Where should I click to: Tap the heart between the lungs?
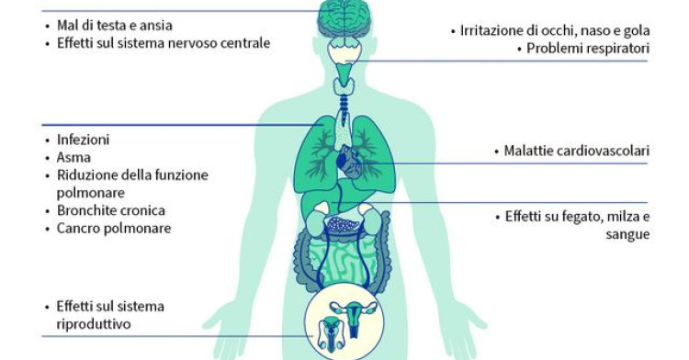pyautogui.click(x=350, y=162)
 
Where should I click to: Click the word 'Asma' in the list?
pyautogui.click(x=73, y=157)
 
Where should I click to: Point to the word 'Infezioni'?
pyautogui.click(x=83, y=140)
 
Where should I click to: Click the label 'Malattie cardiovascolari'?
pyautogui.click(x=577, y=151)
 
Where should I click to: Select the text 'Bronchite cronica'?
pyautogui.click(x=111, y=210)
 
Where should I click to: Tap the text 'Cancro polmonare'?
pyautogui.click(x=114, y=229)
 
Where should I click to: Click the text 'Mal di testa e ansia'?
pyautogui.click(x=115, y=26)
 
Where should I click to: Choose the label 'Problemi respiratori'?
pyautogui.click(x=588, y=49)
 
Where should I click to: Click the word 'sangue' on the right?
pyautogui.click(x=627, y=234)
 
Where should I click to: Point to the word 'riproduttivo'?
pyautogui.click(x=94, y=324)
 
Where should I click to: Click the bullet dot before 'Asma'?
pyautogui.click(x=48, y=158)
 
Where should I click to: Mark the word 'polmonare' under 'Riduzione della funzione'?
pyautogui.click(x=91, y=193)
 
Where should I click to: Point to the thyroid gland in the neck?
pyautogui.click(x=344, y=86)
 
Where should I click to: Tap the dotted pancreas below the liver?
pyautogui.click(x=343, y=225)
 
